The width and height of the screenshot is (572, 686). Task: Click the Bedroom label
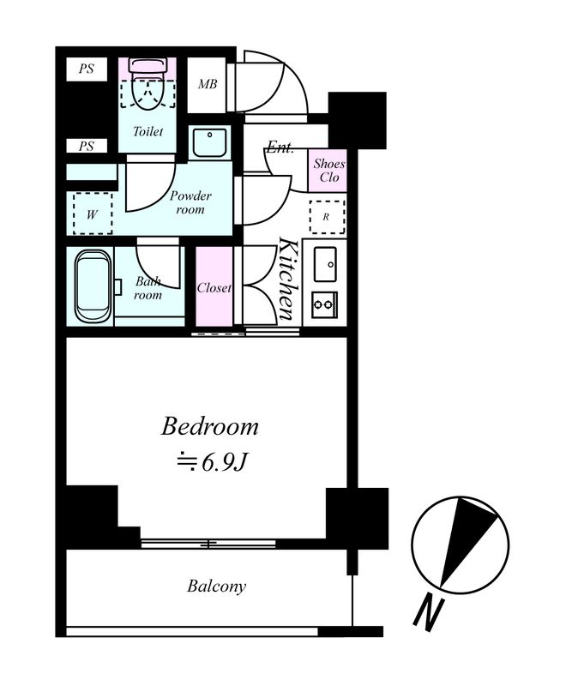209,427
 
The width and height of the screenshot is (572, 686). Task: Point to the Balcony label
216,587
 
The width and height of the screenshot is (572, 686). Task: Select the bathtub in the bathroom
93,286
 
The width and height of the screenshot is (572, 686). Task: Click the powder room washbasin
209,142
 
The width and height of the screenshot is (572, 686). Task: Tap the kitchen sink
325,264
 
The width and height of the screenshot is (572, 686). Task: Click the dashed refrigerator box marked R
327,217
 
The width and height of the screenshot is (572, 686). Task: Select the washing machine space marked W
93,214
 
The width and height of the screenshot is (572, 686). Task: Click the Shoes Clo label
328,171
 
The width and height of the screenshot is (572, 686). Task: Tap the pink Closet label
214,288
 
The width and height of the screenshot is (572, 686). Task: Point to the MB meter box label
208,84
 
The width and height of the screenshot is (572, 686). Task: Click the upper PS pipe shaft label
87,69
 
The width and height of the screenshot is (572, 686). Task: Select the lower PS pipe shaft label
87,146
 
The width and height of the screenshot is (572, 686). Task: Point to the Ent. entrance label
280,147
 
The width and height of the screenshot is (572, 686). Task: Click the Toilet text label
148,131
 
